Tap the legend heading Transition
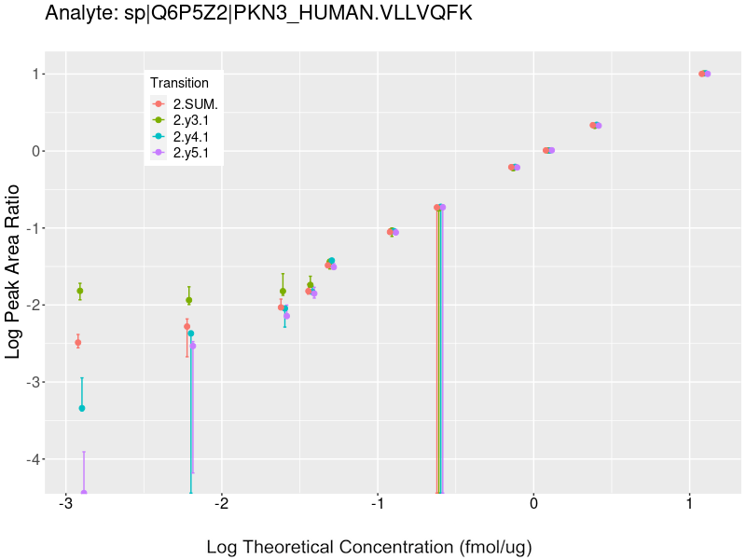[180, 83]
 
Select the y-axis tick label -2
[35, 305]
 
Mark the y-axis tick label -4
[35, 459]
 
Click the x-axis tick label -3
[65, 504]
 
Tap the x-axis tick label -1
[378, 504]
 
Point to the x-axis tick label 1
[689, 504]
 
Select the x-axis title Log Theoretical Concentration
[368, 546]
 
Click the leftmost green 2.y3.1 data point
[80, 291]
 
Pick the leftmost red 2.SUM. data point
[78, 343]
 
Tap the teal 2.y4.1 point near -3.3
[82, 408]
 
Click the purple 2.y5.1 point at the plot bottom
[84, 493]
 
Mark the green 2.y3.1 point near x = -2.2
[189, 300]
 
